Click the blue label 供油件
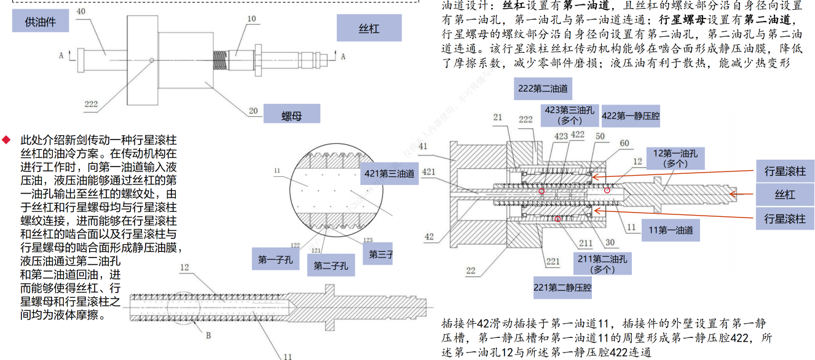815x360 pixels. (40, 22)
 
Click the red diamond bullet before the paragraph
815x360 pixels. (7, 140)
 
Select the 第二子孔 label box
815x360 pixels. (331, 266)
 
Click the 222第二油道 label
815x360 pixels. (543, 88)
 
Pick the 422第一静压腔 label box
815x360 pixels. (630, 115)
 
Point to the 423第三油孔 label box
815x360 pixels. (569, 115)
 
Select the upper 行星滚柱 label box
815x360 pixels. (785, 171)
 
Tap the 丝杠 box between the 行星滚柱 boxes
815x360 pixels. (785, 195)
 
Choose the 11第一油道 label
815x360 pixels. (671, 230)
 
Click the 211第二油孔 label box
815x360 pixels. (601, 264)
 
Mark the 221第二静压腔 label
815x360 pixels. (562, 287)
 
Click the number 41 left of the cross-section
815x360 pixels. (422, 146)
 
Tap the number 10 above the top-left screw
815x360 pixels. (251, 19)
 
